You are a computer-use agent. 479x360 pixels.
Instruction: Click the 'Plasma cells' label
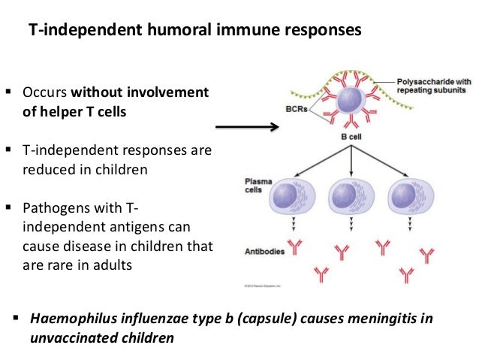point(259,187)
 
